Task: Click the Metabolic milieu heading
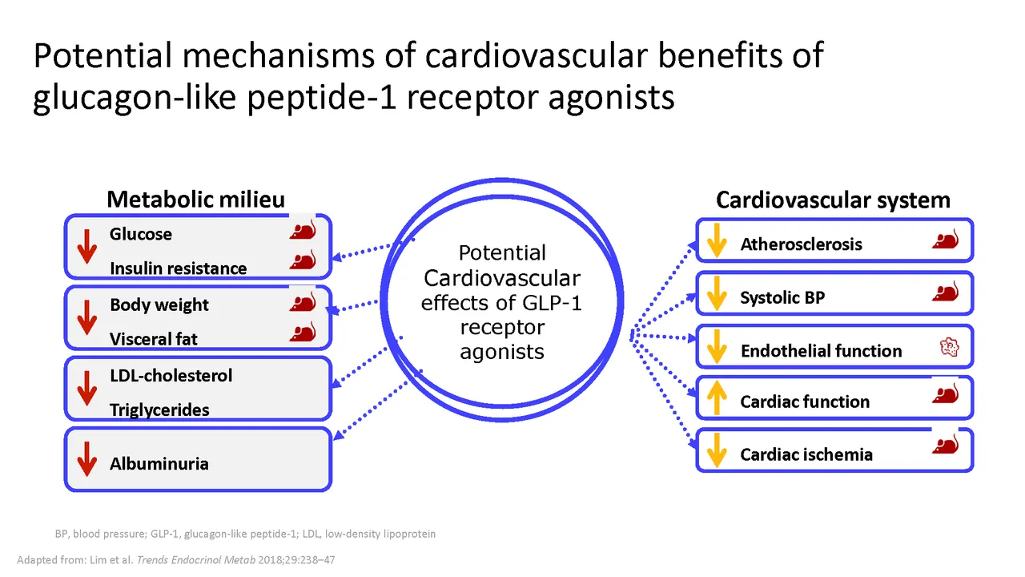pos(196,200)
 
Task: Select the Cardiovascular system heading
pos(834,200)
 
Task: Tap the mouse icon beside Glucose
pos(303,229)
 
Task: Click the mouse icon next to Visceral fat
pos(303,332)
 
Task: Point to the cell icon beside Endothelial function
pos(949,347)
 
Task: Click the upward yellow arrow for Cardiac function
pos(717,398)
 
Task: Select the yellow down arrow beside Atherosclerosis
pos(717,240)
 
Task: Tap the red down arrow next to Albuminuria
pos(87,459)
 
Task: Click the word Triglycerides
pos(159,410)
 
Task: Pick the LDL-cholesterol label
pos(171,376)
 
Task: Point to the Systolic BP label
pos(782,297)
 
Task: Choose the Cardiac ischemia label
pos(806,454)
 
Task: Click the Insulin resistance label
pos(179,268)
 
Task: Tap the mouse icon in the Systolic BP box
pos(946,291)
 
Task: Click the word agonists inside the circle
pos(502,352)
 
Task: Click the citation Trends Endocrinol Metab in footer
pos(196,559)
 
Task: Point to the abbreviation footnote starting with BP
pos(245,534)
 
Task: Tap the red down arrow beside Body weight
pos(87,317)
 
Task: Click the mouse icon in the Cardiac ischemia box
pos(946,444)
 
